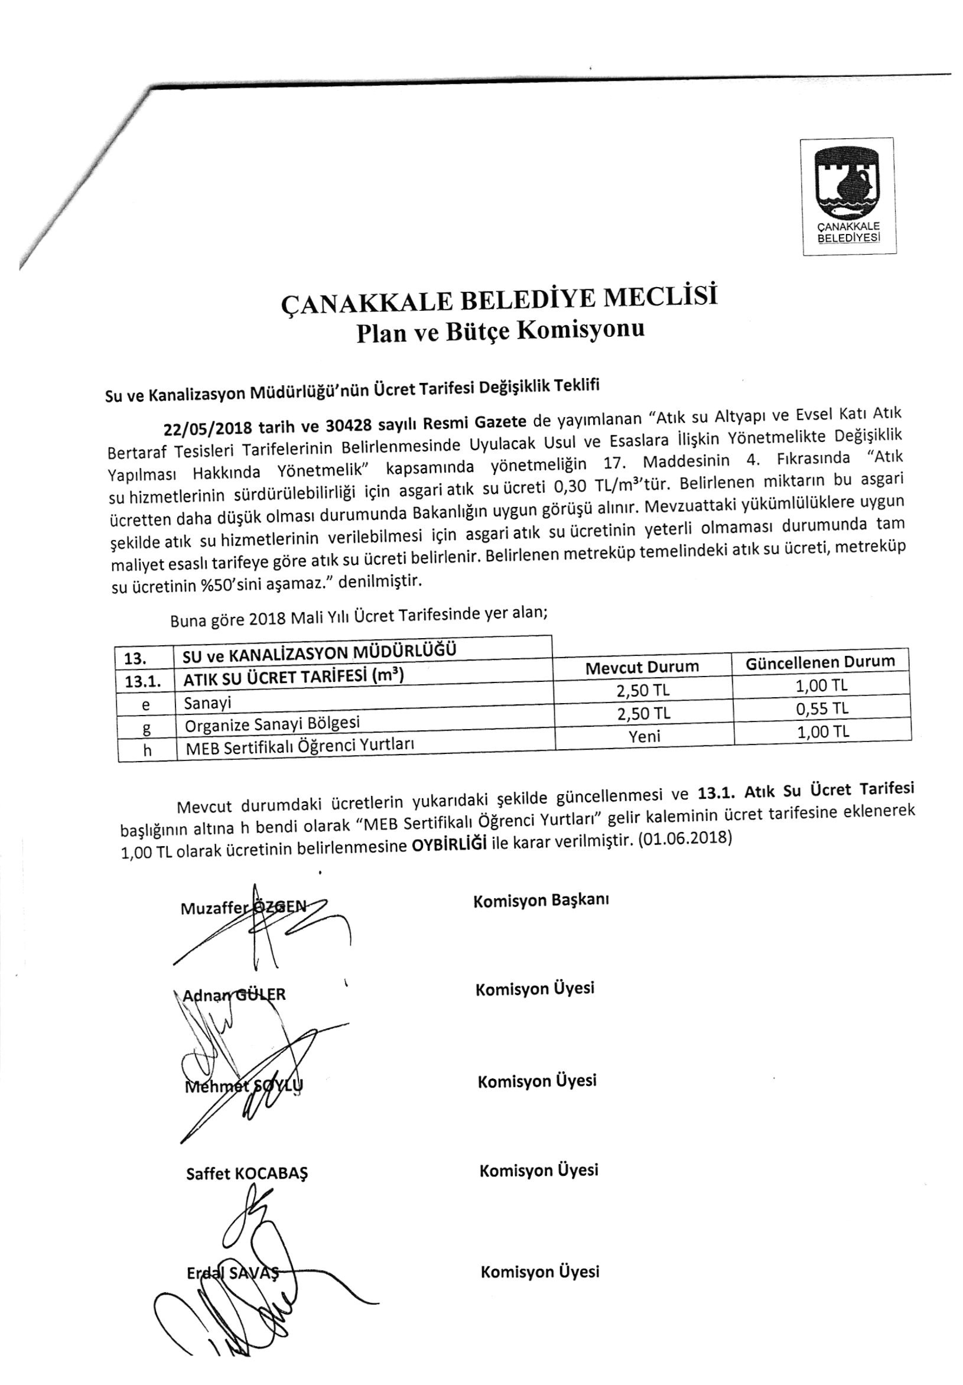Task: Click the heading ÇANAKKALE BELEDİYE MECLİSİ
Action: pos(500,302)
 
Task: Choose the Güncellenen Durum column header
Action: pos(820,662)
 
